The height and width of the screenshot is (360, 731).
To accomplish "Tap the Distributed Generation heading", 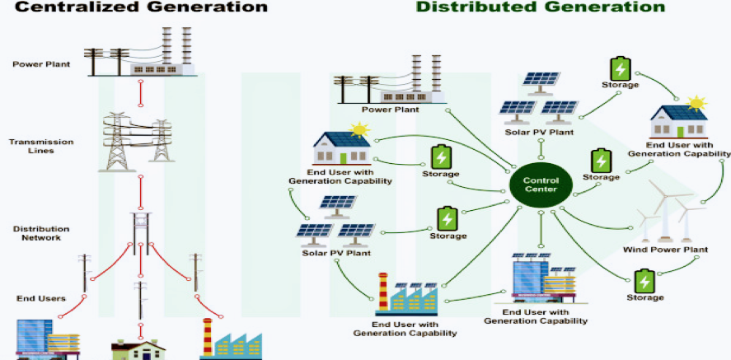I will pos(528,7).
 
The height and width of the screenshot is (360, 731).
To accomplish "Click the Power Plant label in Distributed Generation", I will pos(390,109).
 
